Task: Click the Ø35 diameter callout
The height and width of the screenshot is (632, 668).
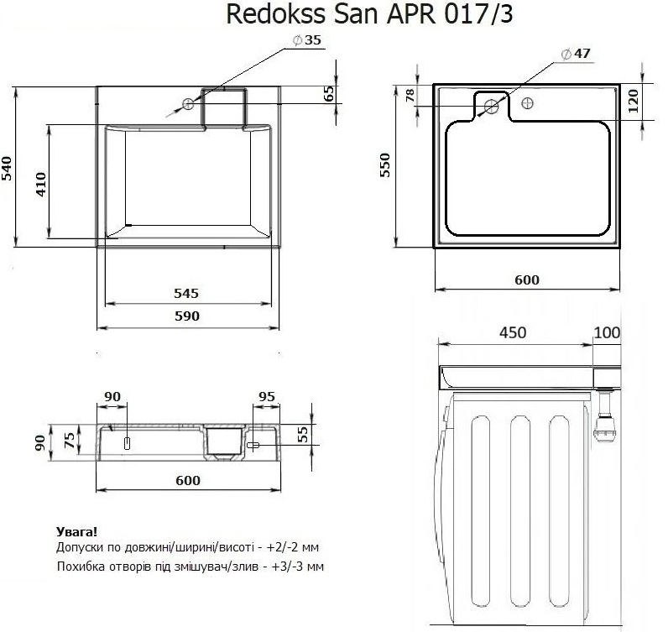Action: tap(307, 40)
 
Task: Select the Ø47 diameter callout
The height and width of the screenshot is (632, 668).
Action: tap(576, 54)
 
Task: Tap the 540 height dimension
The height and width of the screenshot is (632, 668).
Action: tap(7, 167)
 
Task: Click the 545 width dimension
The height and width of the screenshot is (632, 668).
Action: tap(185, 294)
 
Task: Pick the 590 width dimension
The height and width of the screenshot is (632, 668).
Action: tap(185, 316)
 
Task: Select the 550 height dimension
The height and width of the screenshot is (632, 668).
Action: tap(386, 167)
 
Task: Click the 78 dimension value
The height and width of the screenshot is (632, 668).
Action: tap(410, 96)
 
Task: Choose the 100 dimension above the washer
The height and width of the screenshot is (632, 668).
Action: tap(607, 333)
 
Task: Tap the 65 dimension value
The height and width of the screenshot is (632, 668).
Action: tap(329, 94)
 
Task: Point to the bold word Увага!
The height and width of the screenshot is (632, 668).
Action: tap(76, 531)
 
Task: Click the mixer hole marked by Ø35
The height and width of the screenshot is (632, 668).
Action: tap(189, 105)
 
